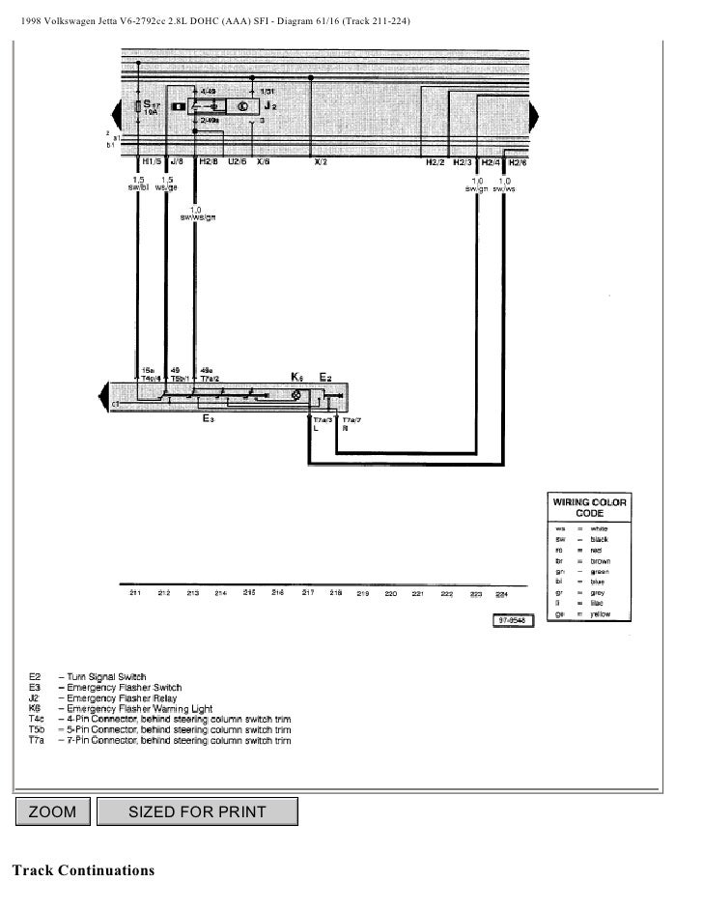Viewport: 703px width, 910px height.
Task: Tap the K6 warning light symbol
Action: tap(296, 395)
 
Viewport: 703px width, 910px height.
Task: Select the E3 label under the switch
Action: tap(209, 419)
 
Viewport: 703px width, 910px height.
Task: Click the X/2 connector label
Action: tap(320, 162)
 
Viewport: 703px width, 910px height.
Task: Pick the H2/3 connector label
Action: tap(462, 162)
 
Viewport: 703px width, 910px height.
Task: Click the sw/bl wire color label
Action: tap(138, 186)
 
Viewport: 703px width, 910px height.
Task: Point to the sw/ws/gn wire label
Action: tap(196, 217)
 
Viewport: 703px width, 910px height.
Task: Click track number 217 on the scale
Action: tap(308, 592)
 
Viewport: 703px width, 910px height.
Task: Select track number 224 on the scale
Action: tap(500, 593)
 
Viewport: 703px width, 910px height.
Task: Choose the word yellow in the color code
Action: tap(601, 613)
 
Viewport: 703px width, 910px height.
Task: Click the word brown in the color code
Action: tap(601, 559)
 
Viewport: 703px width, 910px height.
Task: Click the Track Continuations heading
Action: tap(82, 870)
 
